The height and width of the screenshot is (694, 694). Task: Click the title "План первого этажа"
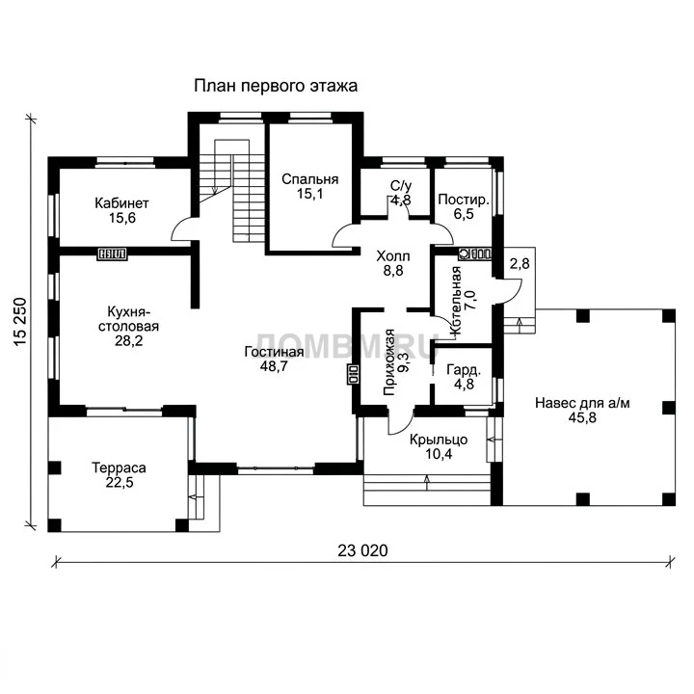pos(276,86)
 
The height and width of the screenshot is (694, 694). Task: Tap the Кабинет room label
pos(121,203)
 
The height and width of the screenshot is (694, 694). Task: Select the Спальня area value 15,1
pos(309,194)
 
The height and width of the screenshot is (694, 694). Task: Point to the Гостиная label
pos(274,352)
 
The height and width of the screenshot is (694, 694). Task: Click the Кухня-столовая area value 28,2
pos(128,341)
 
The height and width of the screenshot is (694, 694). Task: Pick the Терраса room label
pos(119,467)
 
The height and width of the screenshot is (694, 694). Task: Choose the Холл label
pos(393,255)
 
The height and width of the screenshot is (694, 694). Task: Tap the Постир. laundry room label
pos(464,200)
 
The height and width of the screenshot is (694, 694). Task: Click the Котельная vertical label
pos(455,303)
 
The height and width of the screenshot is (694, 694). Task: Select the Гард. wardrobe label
pos(464,369)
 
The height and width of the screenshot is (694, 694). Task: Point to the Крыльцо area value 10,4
pos(439,454)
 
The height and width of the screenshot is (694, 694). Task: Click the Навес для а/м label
pos(582,403)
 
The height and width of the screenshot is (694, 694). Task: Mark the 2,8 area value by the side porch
pos(520,263)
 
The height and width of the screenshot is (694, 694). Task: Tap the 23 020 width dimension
pos(362,550)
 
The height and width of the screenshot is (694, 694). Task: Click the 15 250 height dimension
pos(21,322)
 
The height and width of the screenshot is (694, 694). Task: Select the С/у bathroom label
pos(401,185)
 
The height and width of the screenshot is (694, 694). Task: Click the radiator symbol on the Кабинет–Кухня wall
pos(113,254)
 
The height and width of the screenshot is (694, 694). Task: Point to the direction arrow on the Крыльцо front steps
pos(427,483)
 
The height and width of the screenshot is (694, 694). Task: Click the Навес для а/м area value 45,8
pos(582,417)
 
